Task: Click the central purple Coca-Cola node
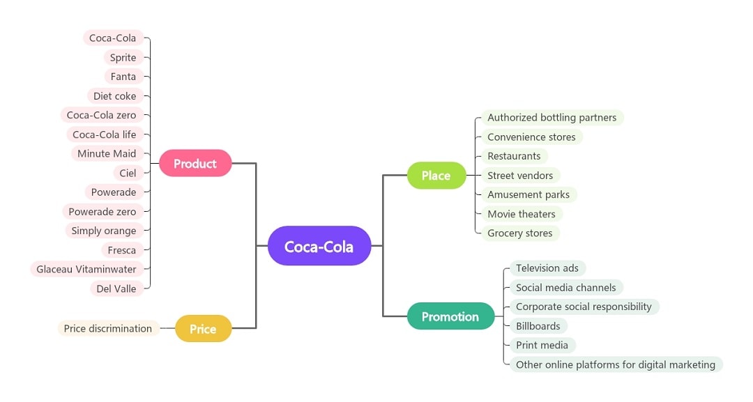pyautogui.click(x=319, y=246)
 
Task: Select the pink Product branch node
pyautogui.click(x=195, y=164)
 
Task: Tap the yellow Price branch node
pyautogui.click(x=203, y=329)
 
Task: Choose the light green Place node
pyautogui.click(x=436, y=176)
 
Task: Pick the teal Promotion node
pyautogui.click(x=450, y=316)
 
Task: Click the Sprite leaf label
pyautogui.click(x=123, y=57)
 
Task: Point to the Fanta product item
pyautogui.click(x=123, y=77)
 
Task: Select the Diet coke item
pyautogui.click(x=114, y=96)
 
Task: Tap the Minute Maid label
pyautogui.click(x=107, y=153)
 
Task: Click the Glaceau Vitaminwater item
pyautogui.click(x=86, y=269)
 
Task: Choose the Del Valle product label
pyautogui.click(x=116, y=288)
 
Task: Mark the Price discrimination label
pyautogui.click(x=108, y=329)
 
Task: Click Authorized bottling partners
pyautogui.click(x=552, y=118)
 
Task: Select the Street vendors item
pyautogui.click(x=520, y=176)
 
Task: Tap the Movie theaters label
pyautogui.click(x=522, y=214)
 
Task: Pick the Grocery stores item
pyautogui.click(x=519, y=233)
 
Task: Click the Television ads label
pyautogui.click(x=547, y=268)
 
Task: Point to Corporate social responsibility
pyautogui.click(x=584, y=307)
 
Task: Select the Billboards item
pyautogui.click(x=538, y=326)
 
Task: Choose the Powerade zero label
pyautogui.click(x=102, y=211)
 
